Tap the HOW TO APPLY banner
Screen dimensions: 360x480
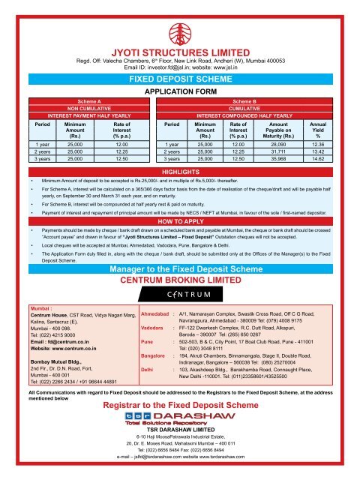tap(179, 222)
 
